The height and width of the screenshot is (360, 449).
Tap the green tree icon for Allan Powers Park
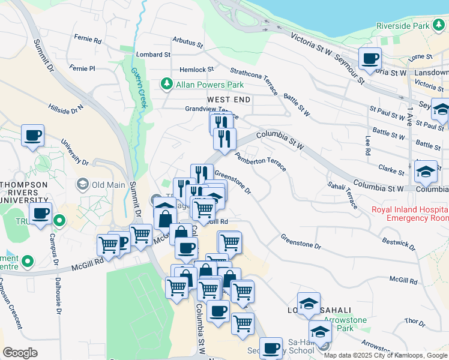point(167,84)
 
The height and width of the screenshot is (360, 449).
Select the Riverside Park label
point(403,26)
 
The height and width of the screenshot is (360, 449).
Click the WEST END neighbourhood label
point(229,99)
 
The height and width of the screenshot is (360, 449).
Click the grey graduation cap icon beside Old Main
point(83,183)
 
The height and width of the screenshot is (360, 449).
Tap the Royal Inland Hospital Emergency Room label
point(410,214)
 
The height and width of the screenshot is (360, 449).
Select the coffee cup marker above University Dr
point(32,135)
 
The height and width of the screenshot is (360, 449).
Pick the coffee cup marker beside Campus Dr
point(41,214)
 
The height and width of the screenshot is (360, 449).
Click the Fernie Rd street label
point(88,40)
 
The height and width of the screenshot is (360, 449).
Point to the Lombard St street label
point(154,55)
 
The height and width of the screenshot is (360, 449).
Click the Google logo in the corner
point(20,353)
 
